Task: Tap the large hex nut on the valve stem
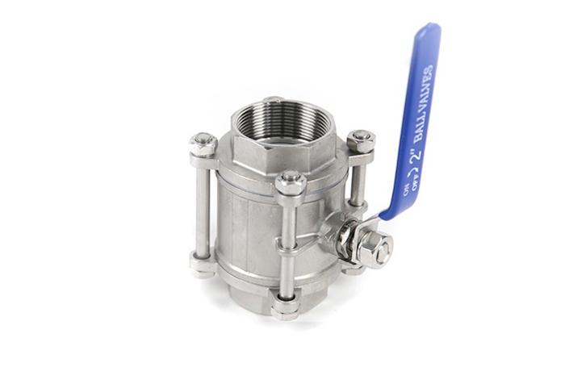(374, 249)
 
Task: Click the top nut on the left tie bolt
(203, 144)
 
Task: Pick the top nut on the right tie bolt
(361, 141)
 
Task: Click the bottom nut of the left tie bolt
(203, 263)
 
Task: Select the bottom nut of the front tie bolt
(286, 307)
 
